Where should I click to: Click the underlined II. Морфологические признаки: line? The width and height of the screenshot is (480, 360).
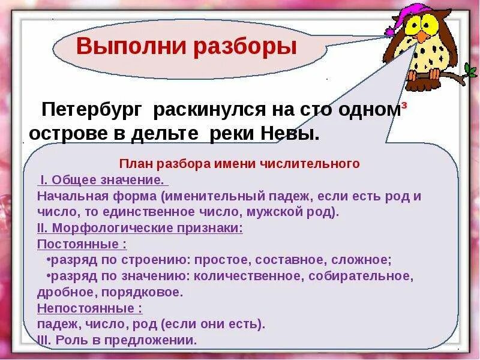140,228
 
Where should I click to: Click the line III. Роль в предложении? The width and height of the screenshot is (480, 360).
117,340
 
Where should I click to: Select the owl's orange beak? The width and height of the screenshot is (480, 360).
424,35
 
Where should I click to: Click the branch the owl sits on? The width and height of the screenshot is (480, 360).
456,76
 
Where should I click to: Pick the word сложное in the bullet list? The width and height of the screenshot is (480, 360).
362,260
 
